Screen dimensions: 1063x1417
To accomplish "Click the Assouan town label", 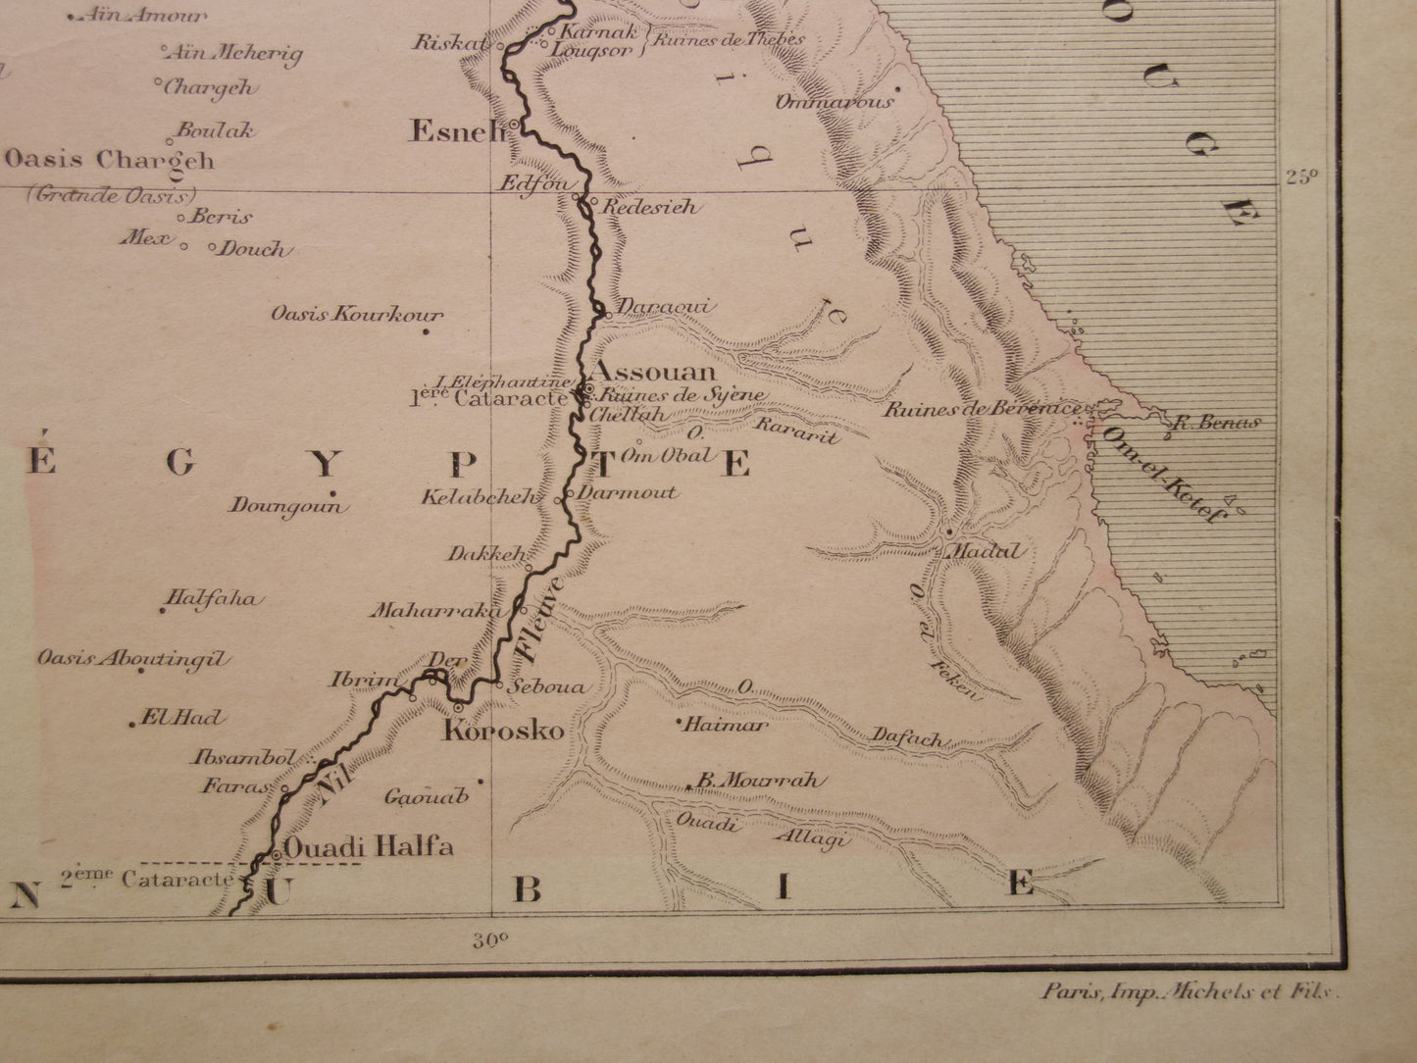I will pos(656,373).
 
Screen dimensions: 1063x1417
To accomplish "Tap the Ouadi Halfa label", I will pos(369,846).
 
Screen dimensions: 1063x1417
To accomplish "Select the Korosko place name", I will pos(504,731).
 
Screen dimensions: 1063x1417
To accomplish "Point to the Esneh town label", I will pos(456,131).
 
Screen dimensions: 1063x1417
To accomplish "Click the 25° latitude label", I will pos(1302,177).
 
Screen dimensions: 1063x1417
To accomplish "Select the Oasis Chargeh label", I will pos(110,160).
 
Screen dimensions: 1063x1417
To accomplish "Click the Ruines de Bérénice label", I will pos(982,410).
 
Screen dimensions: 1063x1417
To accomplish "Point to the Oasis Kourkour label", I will pos(357,316).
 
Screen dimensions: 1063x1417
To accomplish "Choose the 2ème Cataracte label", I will pos(147,880).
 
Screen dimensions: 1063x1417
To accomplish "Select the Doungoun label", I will pos(288,506).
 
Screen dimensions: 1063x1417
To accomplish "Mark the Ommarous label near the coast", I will pos(835,102).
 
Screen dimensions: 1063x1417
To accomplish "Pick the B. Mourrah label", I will pos(758,782).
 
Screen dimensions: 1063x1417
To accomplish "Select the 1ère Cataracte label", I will pos(488,399).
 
